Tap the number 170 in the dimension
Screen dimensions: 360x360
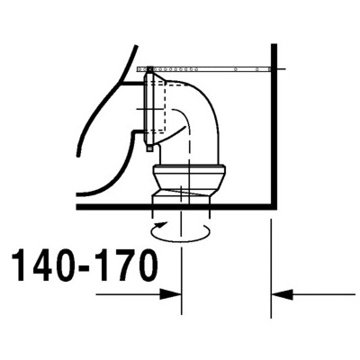(x=126, y=265)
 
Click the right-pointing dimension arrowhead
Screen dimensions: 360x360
(x=170, y=294)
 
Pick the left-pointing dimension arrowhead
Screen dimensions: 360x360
(x=282, y=294)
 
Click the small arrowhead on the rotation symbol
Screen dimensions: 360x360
(x=162, y=224)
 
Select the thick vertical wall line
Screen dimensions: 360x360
(x=274, y=126)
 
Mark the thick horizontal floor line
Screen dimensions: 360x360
(x=176, y=207)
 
